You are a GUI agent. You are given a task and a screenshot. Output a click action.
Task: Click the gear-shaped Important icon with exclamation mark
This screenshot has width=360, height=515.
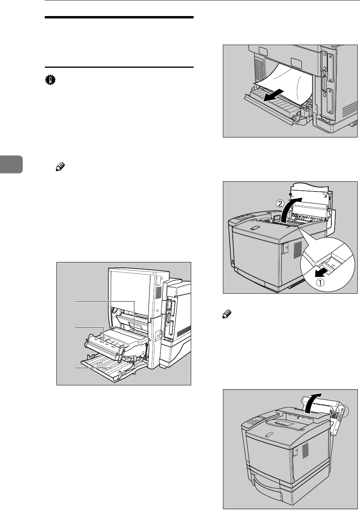50,80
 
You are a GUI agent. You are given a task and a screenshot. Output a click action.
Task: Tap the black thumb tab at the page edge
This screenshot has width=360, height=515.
11,164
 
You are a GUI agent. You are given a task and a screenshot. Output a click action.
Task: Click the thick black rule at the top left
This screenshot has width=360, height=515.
119,18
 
